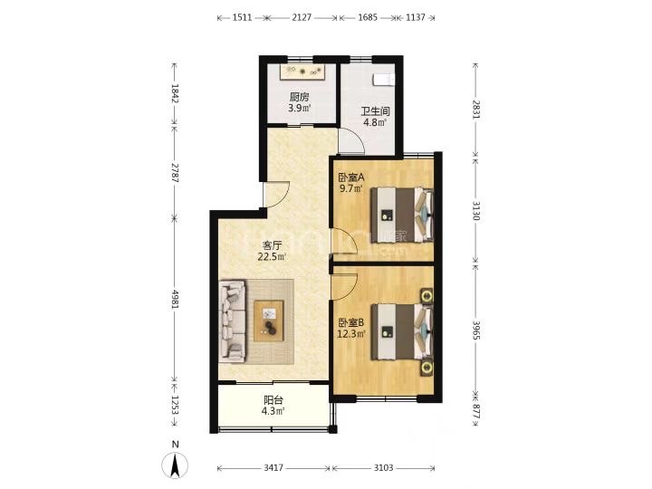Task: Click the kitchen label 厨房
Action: (x=300, y=97)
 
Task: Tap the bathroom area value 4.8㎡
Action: (x=375, y=122)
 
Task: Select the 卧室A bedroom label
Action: (x=351, y=177)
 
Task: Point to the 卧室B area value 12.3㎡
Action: (x=351, y=333)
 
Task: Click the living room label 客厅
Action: (x=272, y=245)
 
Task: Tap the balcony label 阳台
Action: (x=273, y=400)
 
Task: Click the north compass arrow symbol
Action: (x=175, y=465)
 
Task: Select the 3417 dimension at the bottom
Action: (x=273, y=468)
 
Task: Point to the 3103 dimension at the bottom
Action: (x=383, y=468)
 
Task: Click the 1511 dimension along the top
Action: (x=242, y=17)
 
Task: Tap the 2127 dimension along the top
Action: (x=302, y=17)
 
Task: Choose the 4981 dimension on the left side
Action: (x=175, y=299)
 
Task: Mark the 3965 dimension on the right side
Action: (x=476, y=331)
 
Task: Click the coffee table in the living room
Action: (x=269, y=321)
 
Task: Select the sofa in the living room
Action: (x=233, y=321)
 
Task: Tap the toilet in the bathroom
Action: (x=384, y=80)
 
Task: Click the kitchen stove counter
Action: (x=302, y=72)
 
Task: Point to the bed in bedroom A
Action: (x=402, y=215)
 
